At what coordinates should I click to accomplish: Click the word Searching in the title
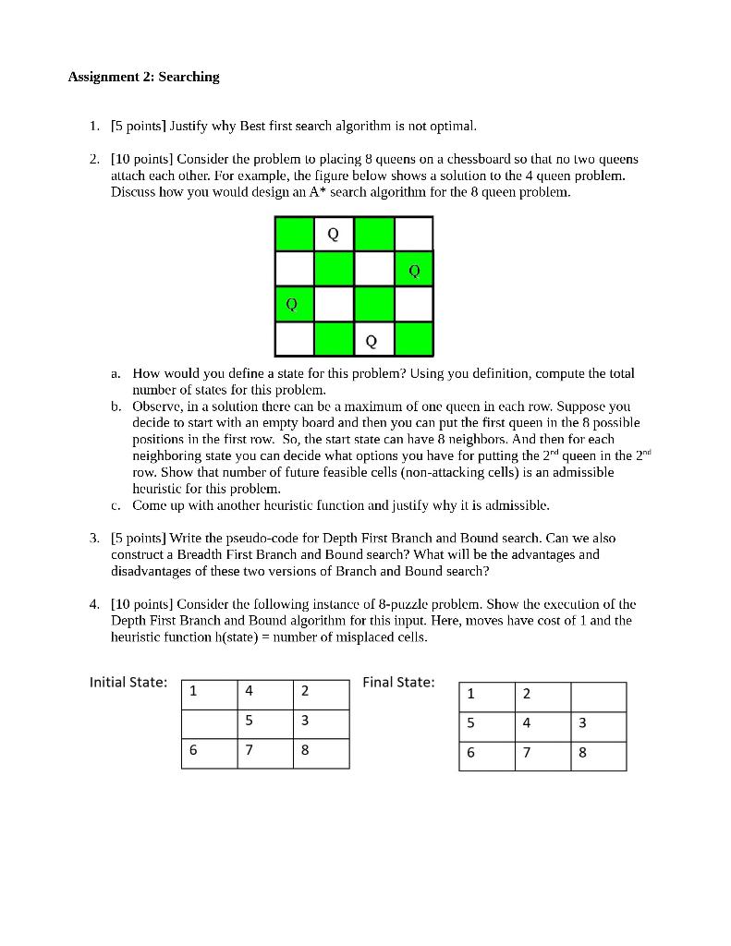point(189,77)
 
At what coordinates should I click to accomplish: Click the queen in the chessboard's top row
point(334,235)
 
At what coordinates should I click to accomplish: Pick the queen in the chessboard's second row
point(413,270)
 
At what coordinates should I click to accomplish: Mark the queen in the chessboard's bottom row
point(372,340)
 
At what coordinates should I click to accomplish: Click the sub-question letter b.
point(116,406)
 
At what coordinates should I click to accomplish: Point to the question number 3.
point(94,538)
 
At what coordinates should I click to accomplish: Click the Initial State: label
point(128,682)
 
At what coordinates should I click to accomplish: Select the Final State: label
point(398,682)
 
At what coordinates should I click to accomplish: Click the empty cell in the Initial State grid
point(209,722)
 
